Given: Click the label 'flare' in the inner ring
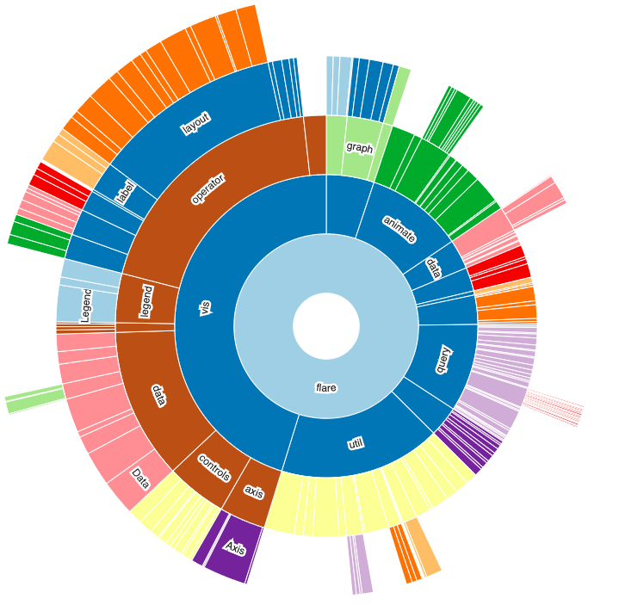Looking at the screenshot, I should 326,388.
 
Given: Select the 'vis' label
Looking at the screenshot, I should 205,308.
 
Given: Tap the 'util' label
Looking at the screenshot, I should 355,444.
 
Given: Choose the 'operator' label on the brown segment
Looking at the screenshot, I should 207,189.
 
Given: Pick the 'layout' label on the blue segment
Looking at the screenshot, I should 196,123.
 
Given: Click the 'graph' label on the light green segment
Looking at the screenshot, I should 360,147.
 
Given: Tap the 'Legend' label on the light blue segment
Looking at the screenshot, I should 85,306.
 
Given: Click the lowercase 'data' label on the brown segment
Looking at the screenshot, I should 158,394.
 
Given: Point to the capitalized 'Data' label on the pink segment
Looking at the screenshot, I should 139,478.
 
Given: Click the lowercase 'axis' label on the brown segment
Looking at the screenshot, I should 253,492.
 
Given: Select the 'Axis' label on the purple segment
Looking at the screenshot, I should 234,547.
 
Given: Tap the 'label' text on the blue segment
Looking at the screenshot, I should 126,191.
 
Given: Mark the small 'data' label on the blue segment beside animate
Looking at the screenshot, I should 433,269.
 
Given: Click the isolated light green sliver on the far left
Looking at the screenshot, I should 35,398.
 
